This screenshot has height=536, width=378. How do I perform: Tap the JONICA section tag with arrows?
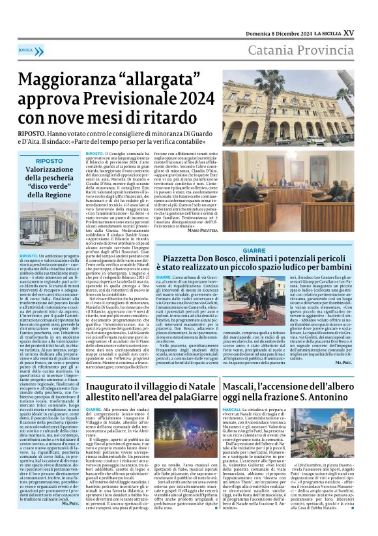[27, 49]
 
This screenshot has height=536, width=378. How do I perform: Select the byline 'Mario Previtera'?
[203, 231]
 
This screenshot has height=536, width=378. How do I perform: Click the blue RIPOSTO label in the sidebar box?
[50, 160]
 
